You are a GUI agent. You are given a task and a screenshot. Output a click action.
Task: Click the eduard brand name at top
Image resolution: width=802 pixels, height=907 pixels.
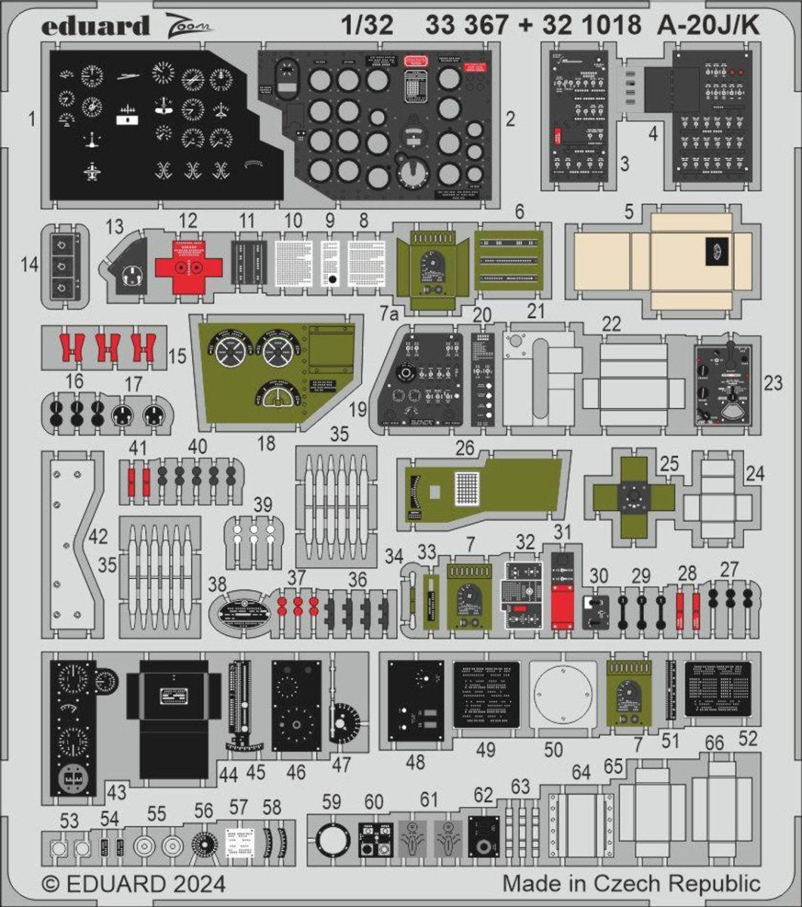(x=95, y=26)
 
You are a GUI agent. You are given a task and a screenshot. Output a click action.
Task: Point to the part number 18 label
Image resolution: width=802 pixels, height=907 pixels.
(x=267, y=444)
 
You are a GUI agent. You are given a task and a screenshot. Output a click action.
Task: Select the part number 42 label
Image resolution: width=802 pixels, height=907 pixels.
(x=98, y=537)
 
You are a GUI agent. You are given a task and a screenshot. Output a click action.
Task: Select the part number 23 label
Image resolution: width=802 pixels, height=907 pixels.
(x=773, y=383)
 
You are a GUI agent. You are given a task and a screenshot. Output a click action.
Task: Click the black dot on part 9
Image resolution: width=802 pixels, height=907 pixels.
(x=331, y=279)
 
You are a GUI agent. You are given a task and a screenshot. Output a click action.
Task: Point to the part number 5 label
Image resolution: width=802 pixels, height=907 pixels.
(x=629, y=213)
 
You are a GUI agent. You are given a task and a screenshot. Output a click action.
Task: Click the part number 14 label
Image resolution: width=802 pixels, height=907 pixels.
(x=30, y=264)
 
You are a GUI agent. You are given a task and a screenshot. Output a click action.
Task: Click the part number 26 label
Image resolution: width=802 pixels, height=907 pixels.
(x=464, y=448)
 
